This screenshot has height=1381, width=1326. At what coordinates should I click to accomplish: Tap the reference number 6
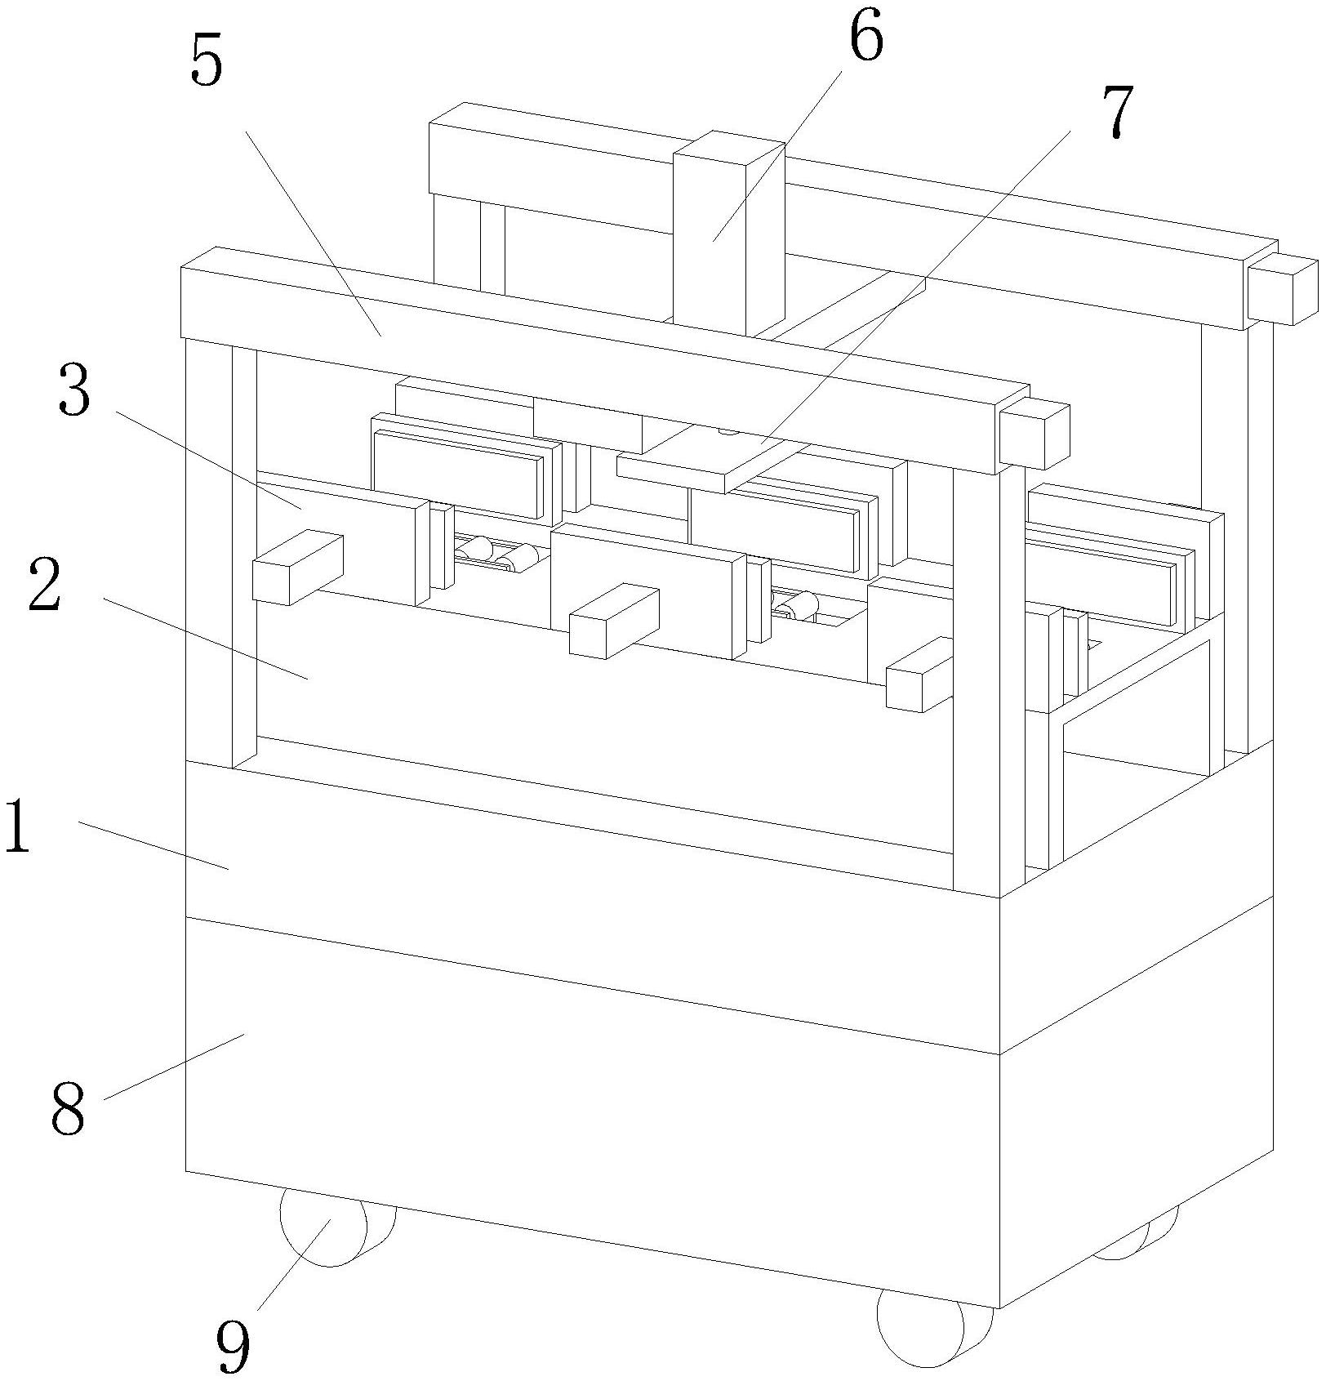point(865,38)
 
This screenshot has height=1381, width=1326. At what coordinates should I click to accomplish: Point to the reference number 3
point(74,393)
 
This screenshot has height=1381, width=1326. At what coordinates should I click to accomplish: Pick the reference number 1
point(18,826)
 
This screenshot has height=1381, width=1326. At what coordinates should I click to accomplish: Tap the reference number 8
point(68,1108)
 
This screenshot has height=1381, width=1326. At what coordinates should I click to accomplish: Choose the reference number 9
point(234,1344)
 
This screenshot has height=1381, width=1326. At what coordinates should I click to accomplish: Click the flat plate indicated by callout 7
point(710,462)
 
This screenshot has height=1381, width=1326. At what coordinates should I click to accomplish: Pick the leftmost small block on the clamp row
point(296,567)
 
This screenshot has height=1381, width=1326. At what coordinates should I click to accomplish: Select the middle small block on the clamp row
point(613,620)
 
